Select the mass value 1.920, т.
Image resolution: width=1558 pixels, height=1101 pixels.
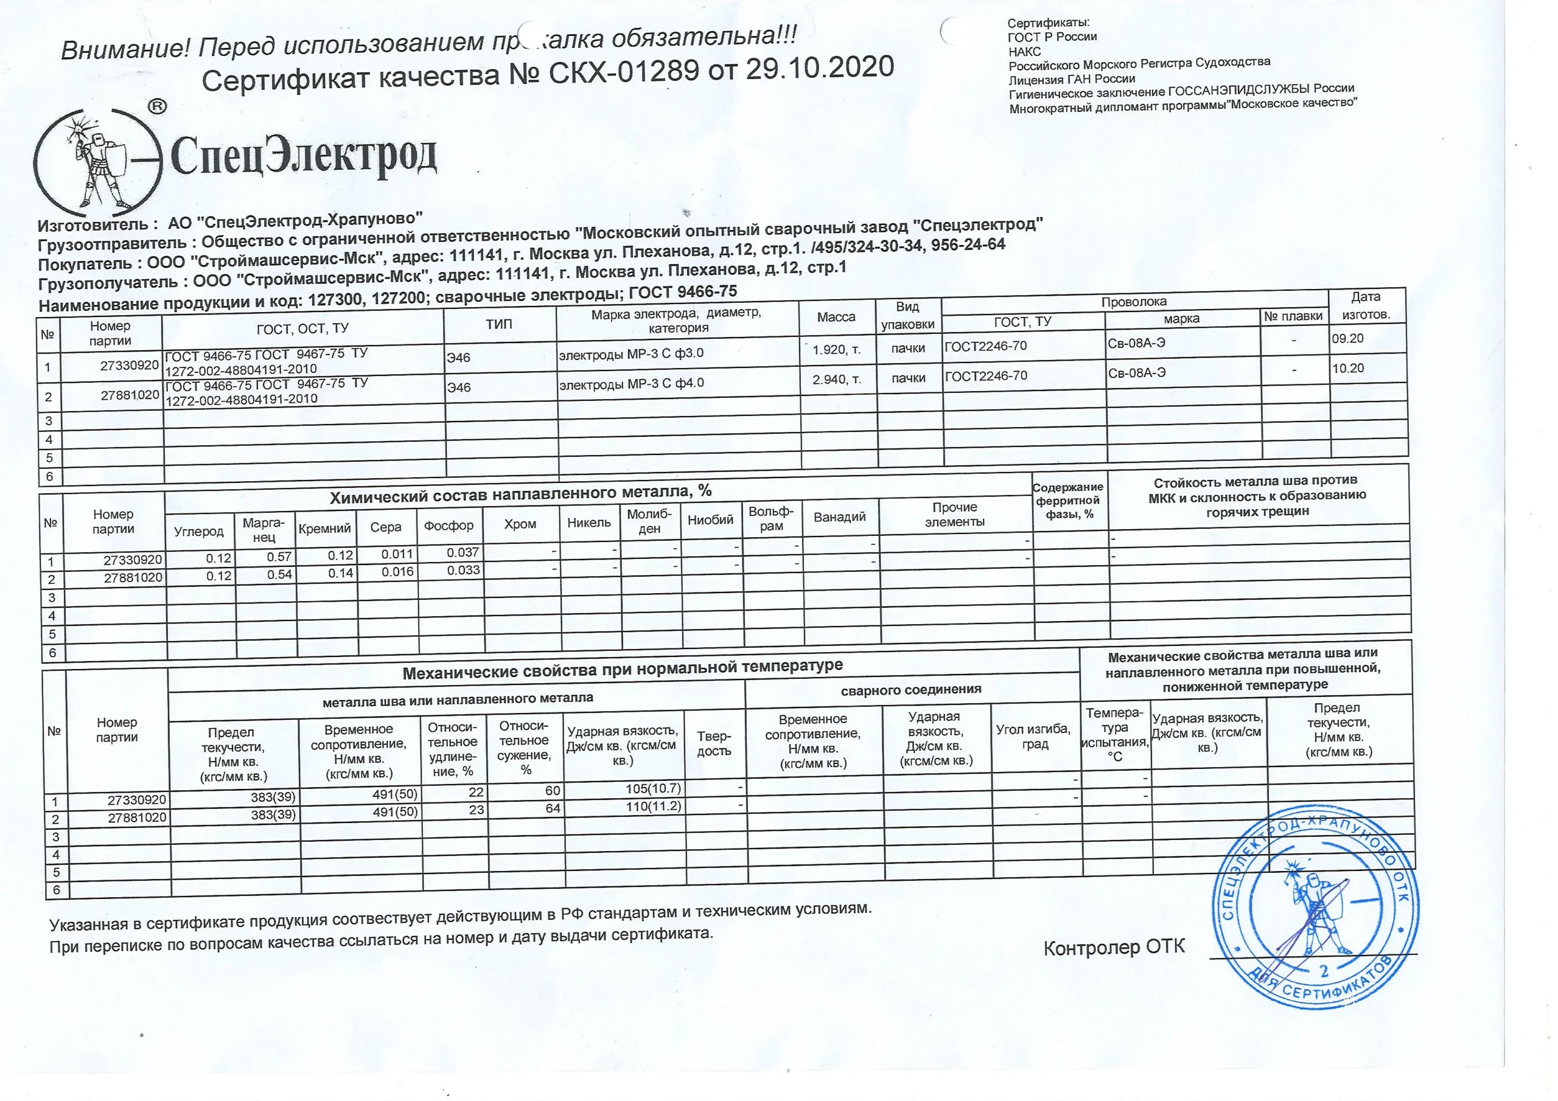coord(837,349)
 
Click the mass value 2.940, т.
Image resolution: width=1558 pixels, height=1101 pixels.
coord(837,379)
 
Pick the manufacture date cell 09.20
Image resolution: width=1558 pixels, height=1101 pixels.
coord(1347,338)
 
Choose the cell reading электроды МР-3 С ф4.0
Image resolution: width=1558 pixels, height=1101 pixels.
coord(631,383)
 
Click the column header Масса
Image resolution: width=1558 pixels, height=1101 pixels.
coord(836,317)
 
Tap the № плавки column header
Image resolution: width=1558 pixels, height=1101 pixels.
coord(1293,316)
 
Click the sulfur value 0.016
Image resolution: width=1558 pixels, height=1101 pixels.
coord(397,572)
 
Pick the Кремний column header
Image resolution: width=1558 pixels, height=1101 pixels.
coord(325,529)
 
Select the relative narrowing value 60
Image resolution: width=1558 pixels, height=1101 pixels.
coord(553,790)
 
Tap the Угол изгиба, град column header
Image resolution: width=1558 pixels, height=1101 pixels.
coord(1033,736)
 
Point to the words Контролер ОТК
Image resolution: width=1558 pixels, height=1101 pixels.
coord(1114,947)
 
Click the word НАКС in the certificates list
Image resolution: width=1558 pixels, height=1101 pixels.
coord(1024,51)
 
